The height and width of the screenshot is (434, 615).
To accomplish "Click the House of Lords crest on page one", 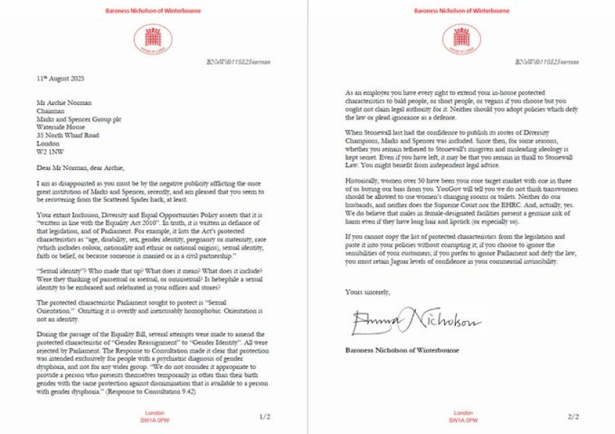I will (x=153, y=38).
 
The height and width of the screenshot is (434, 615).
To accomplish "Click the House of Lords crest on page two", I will (x=460, y=38).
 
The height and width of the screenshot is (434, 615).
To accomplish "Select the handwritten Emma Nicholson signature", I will (x=415, y=320).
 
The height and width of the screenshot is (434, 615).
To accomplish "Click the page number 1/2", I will (x=264, y=416).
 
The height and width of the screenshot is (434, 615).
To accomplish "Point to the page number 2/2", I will (x=574, y=416).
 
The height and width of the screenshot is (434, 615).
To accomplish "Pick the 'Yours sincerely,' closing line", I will (x=368, y=292).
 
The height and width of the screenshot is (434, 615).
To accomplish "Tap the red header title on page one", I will (x=153, y=11).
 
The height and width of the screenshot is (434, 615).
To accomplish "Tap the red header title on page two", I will (x=460, y=11).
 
